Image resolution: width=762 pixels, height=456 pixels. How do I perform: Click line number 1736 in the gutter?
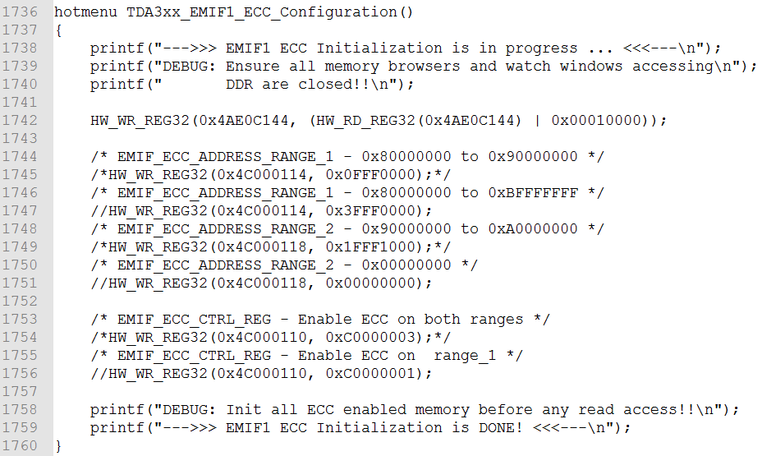[22, 12]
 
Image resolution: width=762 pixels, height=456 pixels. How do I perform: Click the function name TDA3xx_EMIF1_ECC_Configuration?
[262, 12]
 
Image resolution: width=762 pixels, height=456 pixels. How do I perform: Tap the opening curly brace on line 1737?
[58, 30]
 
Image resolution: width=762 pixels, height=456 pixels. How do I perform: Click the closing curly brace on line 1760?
[58, 446]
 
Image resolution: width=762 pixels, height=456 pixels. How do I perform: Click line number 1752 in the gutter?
[22, 302]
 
